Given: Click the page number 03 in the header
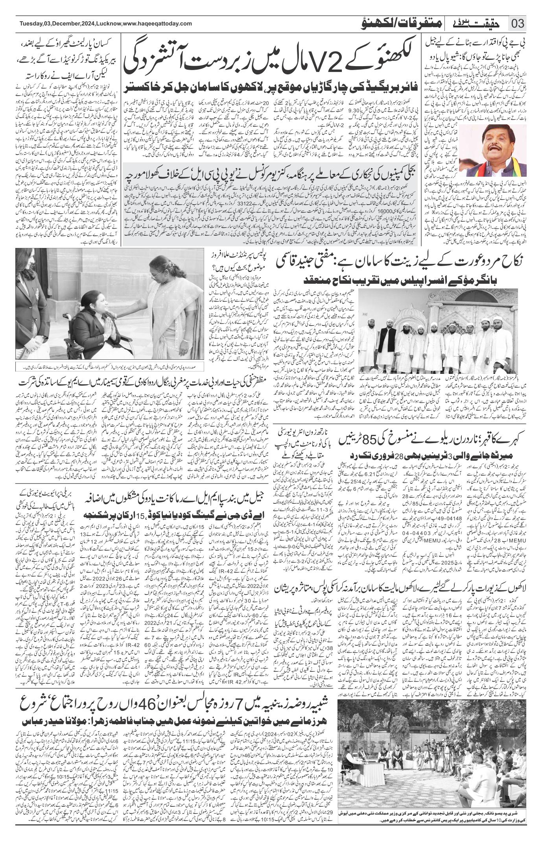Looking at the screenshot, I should (x=518, y=24).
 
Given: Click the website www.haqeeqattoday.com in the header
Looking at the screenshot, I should (x=157, y=24).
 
